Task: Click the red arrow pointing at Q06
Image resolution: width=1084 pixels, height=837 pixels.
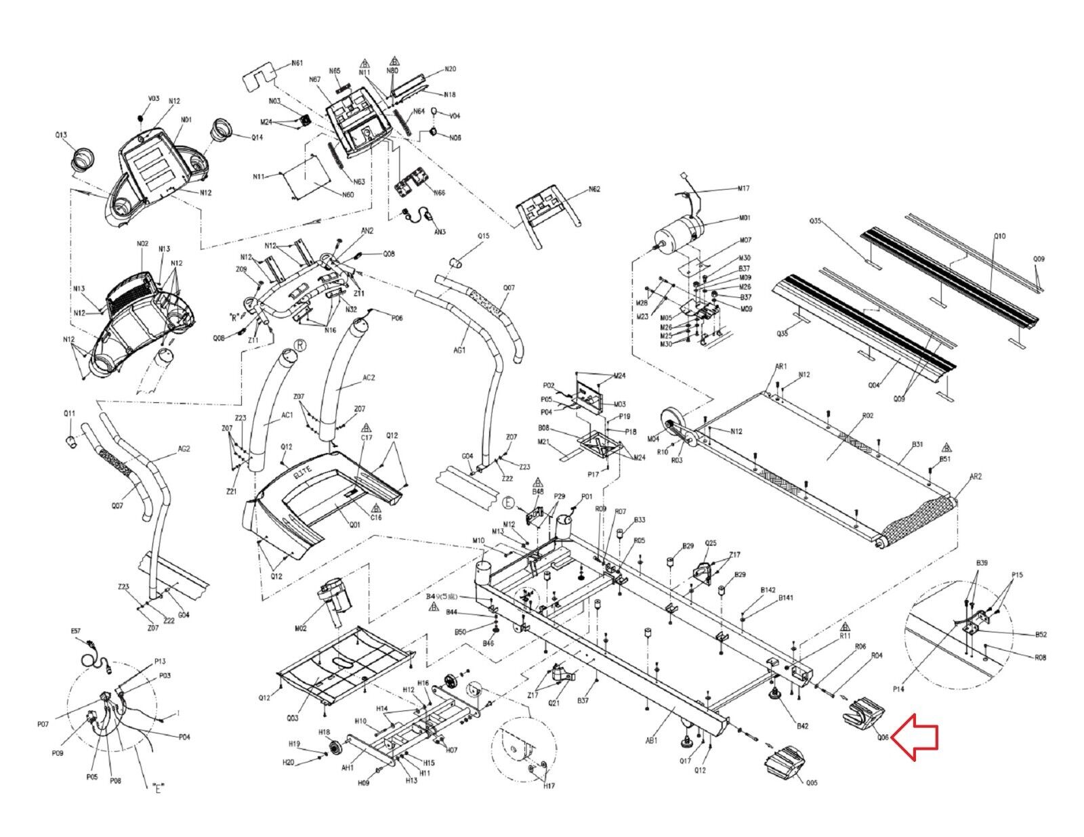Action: (915, 737)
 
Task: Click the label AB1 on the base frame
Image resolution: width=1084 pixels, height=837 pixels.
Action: (651, 741)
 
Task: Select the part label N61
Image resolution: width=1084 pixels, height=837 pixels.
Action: (297, 63)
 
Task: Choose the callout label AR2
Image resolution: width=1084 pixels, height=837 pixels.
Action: (976, 477)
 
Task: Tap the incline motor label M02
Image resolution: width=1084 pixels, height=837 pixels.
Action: (301, 628)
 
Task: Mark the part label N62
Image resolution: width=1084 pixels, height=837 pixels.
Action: (594, 189)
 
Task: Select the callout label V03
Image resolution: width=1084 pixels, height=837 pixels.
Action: (153, 99)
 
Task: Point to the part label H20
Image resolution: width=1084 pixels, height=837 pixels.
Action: (288, 762)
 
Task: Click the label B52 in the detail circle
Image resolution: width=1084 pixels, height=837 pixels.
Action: (1040, 635)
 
